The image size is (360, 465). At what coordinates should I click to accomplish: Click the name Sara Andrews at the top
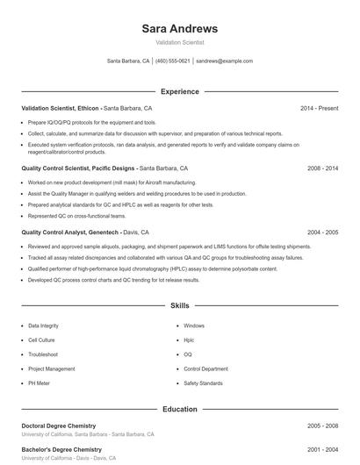point(179,28)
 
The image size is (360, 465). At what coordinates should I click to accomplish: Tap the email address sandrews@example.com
point(224,61)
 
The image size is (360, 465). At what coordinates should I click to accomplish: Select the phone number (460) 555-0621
point(173,61)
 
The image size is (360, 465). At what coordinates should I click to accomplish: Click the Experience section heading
point(179,91)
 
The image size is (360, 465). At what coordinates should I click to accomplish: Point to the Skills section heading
point(179,306)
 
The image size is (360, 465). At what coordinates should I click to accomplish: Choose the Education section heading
point(179,409)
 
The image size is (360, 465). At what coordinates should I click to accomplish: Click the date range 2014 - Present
point(319,108)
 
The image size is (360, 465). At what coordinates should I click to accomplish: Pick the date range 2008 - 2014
point(322,167)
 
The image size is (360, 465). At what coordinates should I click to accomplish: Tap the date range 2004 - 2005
point(322,232)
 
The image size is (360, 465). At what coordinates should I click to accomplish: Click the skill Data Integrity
point(43,325)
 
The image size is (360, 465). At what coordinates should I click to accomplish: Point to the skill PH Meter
point(39,383)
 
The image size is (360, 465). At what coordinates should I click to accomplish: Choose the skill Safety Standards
point(203,383)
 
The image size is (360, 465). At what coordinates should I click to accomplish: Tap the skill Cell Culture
point(40,340)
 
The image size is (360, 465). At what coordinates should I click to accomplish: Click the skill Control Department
point(206,369)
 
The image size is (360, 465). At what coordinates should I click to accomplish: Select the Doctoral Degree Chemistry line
point(59,426)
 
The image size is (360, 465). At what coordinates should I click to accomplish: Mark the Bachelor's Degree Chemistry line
point(60,448)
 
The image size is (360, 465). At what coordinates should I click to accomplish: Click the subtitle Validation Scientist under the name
point(179,42)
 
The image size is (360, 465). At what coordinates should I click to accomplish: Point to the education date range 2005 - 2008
point(322,426)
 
